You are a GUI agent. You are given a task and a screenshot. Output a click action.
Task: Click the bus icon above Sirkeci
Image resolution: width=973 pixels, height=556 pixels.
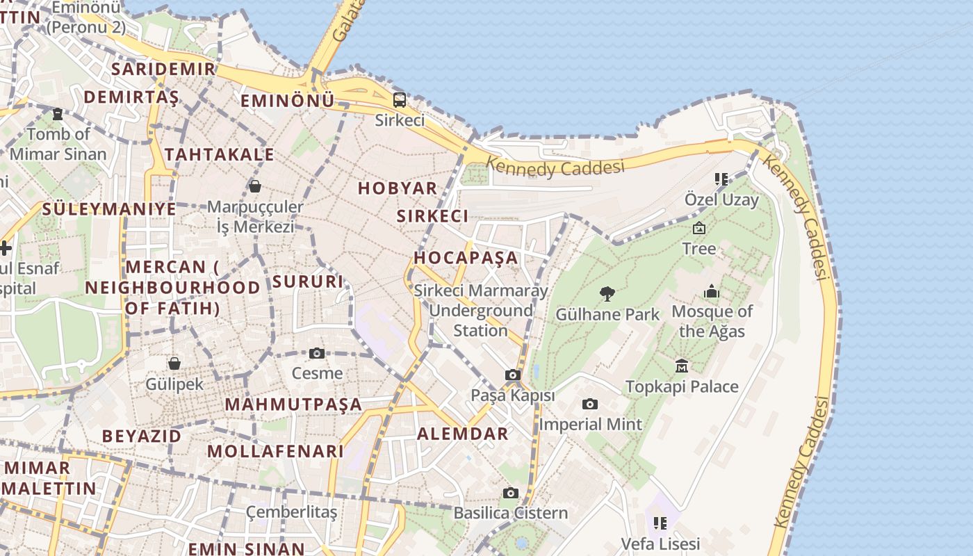tap(400, 99)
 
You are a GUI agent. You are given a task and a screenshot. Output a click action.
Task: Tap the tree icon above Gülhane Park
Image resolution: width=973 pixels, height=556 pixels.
tap(607, 293)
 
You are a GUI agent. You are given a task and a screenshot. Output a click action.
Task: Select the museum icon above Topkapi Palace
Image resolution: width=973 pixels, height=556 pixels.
tap(682, 366)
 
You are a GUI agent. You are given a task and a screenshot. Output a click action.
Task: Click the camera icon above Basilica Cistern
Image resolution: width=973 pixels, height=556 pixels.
tap(511, 493)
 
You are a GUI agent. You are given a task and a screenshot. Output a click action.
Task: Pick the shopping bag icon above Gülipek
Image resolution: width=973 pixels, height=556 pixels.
tap(174, 363)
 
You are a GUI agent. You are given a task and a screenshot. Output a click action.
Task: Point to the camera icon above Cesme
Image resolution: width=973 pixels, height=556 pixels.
tap(317, 353)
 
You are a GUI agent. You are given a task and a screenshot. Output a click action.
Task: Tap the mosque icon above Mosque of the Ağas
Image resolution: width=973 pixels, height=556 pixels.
tap(712, 291)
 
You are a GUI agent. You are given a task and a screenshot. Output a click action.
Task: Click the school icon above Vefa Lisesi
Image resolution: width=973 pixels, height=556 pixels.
tap(660, 523)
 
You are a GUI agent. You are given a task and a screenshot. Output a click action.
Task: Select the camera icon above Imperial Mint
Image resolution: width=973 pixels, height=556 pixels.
tap(589, 404)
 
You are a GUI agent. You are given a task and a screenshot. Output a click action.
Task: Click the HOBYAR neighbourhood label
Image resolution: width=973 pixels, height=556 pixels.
tap(398, 188)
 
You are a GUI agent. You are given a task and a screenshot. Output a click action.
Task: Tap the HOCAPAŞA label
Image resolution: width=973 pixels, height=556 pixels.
tap(466, 257)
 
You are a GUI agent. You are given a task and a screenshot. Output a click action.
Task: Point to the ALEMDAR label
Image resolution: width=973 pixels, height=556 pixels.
tap(463, 434)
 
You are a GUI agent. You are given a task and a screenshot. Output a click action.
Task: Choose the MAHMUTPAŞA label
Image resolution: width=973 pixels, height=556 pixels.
tap(293, 404)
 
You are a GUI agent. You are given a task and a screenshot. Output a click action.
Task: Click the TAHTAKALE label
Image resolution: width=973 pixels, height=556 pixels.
tap(220, 154)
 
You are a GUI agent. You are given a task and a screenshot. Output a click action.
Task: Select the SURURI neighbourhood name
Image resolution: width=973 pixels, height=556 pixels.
tap(308, 281)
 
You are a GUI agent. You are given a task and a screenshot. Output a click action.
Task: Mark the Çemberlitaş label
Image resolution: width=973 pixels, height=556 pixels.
tap(292, 513)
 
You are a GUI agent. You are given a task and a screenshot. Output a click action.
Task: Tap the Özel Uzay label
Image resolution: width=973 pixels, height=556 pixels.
tap(722, 200)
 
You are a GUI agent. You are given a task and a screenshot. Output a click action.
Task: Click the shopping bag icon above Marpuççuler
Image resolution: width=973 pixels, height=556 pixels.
tap(255, 186)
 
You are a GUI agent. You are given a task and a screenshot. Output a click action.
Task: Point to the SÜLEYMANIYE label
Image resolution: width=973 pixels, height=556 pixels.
tap(109, 208)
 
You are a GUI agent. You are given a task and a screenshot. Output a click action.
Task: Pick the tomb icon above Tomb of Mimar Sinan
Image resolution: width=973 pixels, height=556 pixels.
tap(58, 113)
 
